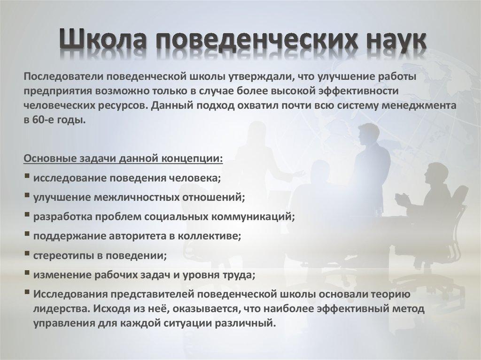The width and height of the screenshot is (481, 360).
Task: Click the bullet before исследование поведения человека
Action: click(27, 177)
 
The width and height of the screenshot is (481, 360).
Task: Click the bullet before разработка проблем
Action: click(27, 216)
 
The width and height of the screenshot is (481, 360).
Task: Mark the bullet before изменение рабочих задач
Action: click(27, 275)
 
